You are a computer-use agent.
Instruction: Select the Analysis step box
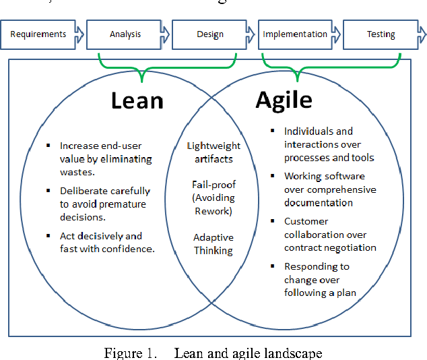[126, 34]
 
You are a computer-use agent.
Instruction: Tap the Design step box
[211, 34]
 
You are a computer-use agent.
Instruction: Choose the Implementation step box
[296, 34]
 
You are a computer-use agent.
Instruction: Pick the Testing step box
[381, 34]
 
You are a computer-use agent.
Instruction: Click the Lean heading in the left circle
[137, 100]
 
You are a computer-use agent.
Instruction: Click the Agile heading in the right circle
[284, 100]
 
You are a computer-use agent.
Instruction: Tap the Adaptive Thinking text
[213, 244]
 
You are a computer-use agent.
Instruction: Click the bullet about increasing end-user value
[104, 158]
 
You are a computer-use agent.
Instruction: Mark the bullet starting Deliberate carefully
[104, 204]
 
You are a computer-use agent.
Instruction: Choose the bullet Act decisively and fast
[106, 242]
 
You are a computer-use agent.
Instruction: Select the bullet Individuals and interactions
[328, 144]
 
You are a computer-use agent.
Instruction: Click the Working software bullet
[328, 189]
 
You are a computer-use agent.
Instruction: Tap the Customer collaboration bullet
[328, 235]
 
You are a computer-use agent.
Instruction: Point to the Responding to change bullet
[320, 279]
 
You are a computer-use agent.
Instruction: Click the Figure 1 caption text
[213, 353]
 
